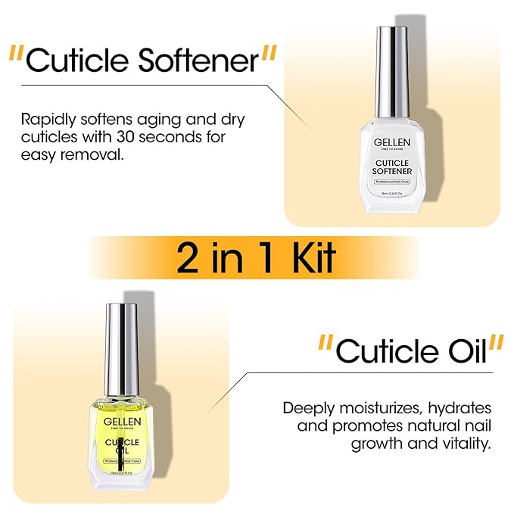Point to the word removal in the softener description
tap(98, 155)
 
